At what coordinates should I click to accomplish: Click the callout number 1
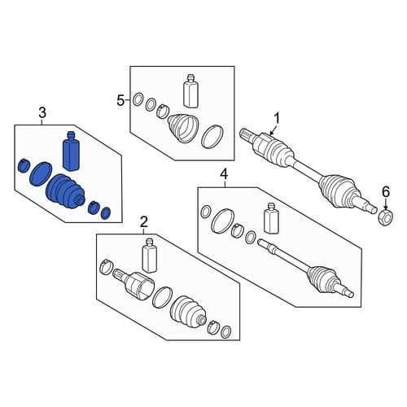coord(277,119)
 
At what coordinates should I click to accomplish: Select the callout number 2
coord(144,221)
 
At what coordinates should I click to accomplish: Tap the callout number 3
coord(42,112)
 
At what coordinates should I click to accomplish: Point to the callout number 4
coord(224,175)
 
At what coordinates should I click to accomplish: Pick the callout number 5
coord(120,101)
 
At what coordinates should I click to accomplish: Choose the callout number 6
coord(386,191)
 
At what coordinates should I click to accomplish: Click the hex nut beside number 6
coord(385,216)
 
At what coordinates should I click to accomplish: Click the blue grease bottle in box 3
coord(71,151)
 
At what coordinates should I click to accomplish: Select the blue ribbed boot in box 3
coord(65,192)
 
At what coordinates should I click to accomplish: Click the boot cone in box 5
coord(183,128)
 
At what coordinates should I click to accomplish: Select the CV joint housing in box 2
coord(136,285)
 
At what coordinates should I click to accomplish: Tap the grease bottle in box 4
coord(271,218)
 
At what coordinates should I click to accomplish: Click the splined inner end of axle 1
coord(246,134)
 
